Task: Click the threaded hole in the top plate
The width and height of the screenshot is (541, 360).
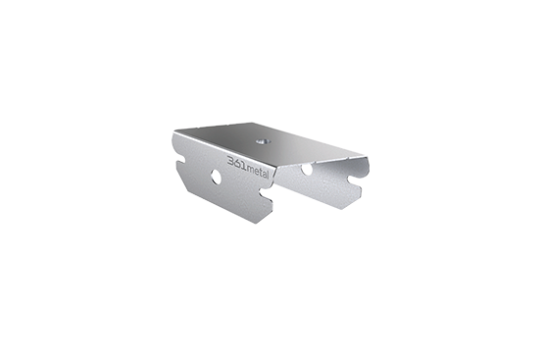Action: [x=262, y=141]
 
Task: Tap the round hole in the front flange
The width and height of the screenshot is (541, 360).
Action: [x=217, y=177]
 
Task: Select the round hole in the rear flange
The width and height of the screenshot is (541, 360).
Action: [x=307, y=169]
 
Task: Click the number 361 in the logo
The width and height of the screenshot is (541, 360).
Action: [x=237, y=163]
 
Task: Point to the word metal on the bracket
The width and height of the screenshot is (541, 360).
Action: [x=258, y=172]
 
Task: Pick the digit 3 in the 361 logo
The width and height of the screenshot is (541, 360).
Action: [x=230, y=161]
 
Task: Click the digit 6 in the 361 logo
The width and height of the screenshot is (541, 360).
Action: [x=237, y=164]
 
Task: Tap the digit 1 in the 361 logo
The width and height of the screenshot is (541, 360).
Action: [x=244, y=166]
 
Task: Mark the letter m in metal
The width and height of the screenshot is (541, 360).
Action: [x=251, y=170]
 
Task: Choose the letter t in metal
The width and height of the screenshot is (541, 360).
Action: [x=262, y=173]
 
